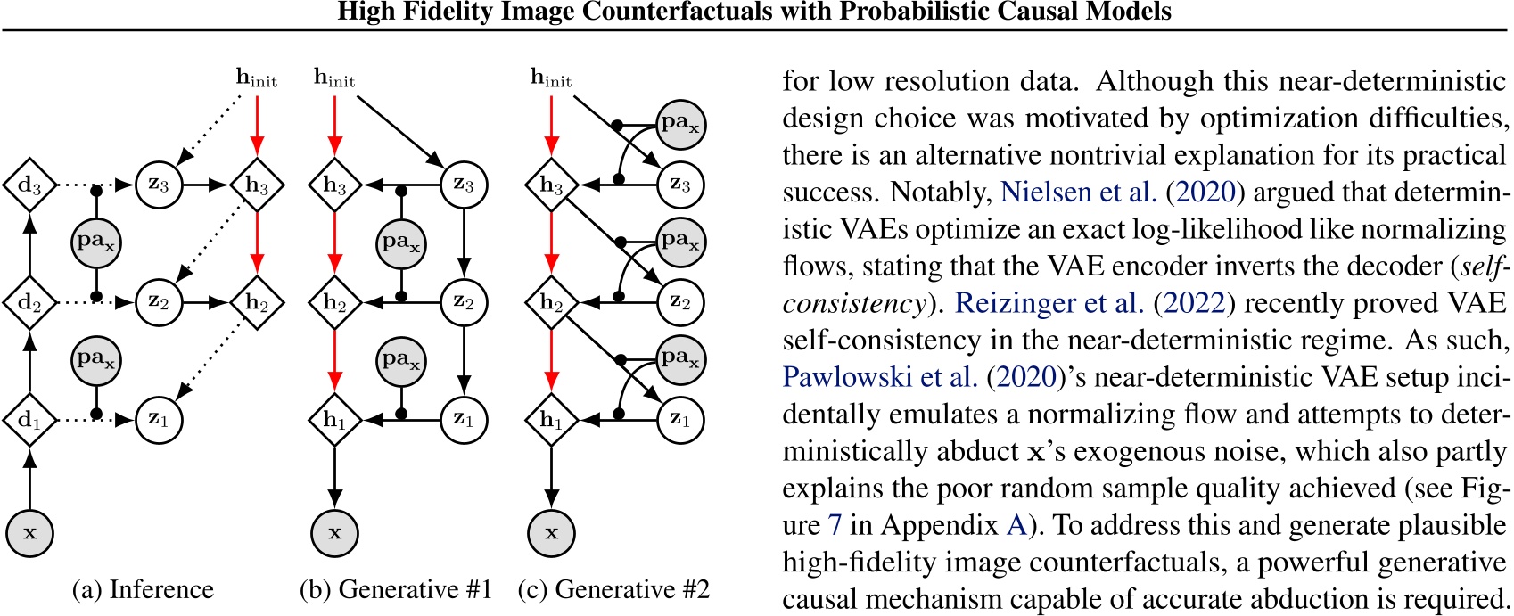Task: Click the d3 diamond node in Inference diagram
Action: click(29, 185)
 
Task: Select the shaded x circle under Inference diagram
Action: click(29, 533)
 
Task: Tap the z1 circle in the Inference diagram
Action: click(159, 419)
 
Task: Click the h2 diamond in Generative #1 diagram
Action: click(334, 302)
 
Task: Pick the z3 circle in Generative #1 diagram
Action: click(464, 185)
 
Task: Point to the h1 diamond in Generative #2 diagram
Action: click(551, 419)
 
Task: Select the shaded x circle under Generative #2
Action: click(551, 533)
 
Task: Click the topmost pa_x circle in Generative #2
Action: click(680, 123)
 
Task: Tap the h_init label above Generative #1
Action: click(334, 78)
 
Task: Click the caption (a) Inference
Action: click(143, 589)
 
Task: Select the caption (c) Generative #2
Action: click(613, 589)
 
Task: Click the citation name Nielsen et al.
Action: click(1078, 193)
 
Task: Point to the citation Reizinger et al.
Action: click(1049, 303)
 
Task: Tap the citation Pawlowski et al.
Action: click(879, 377)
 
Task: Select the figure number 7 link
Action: click(835, 525)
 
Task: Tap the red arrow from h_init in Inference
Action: click(257, 125)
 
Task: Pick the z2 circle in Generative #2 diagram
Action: click(680, 302)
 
